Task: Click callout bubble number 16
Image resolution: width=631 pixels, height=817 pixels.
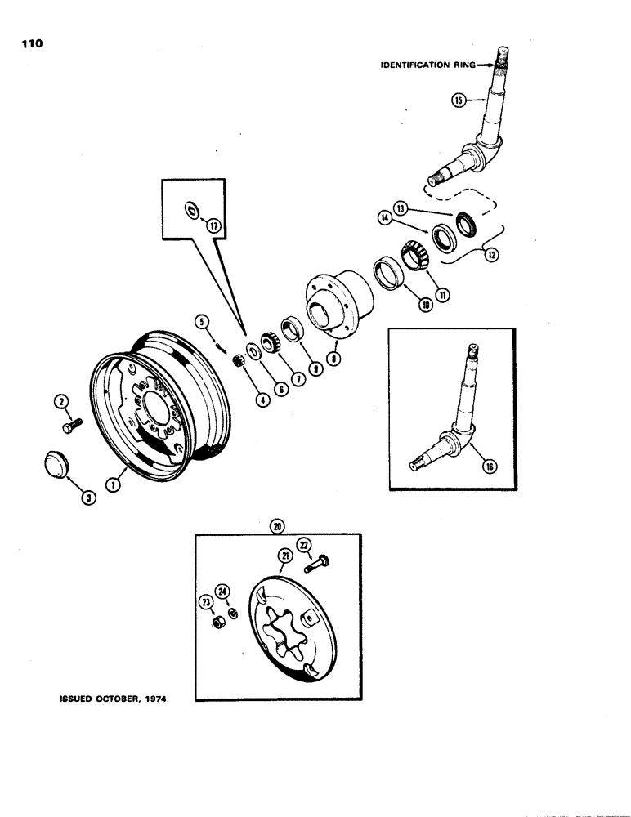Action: click(489, 467)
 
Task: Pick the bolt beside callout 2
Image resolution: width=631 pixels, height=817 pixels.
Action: click(70, 426)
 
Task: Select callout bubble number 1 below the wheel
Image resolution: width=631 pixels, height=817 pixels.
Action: click(114, 485)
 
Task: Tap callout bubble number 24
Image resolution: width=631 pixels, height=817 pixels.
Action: click(221, 590)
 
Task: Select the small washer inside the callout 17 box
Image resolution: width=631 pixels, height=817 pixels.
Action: click(191, 210)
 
